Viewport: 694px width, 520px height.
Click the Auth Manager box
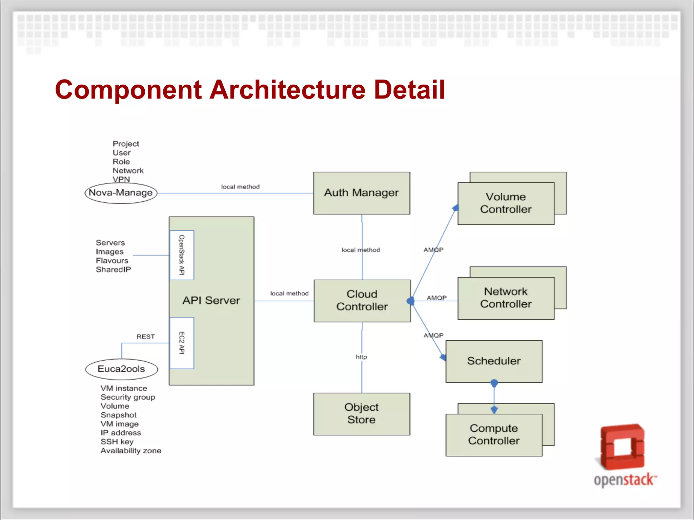click(x=361, y=193)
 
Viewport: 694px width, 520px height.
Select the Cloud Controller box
click(x=362, y=301)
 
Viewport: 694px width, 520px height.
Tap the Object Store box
click(x=361, y=414)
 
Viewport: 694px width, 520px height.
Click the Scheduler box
click(x=494, y=361)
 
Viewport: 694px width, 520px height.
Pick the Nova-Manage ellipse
click(x=121, y=193)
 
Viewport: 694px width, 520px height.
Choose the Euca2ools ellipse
click(x=121, y=369)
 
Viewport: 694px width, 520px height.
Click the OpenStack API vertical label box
click(x=182, y=255)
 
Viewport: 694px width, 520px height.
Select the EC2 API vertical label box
click(x=182, y=343)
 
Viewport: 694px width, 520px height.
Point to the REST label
click(x=145, y=337)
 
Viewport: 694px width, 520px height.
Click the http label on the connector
click(x=361, y=357)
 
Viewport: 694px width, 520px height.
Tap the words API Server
click(x=211, y=300)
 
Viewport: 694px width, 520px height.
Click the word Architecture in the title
click(x=287, y=90)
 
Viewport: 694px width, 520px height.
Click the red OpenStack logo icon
click(x=622, y=447)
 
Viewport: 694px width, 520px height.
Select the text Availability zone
click(x=131, y=451)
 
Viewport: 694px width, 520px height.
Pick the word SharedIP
click(x=113, y=269)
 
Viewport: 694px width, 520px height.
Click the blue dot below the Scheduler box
click(x=494, y=383)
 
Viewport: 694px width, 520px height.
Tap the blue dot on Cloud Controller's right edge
click(x=410, y=301)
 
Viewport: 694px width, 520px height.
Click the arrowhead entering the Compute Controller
click(x=494, y=410)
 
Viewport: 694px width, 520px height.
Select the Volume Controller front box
click(x=506, y=203)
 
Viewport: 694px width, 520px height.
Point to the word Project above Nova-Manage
click(x=126, y=144)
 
